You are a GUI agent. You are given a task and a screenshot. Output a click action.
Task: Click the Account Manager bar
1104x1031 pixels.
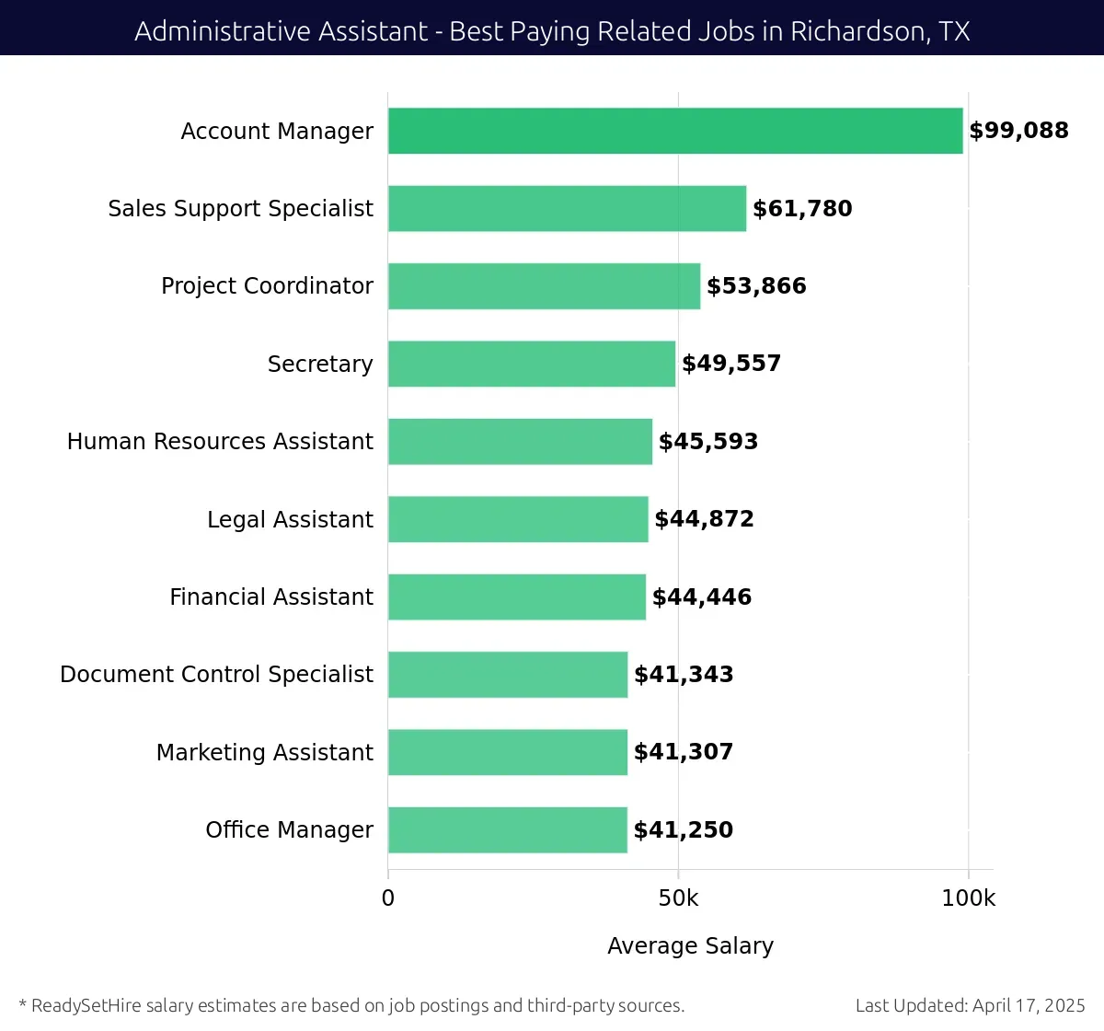point(675,131)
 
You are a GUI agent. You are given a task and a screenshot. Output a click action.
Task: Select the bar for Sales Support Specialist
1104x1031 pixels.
point(567,208)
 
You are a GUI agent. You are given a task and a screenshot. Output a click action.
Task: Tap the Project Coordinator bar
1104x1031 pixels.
point(544,286)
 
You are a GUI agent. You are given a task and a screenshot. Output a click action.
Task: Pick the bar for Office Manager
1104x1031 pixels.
point(508,830)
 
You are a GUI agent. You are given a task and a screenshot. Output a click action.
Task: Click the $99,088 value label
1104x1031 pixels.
point(1018,131)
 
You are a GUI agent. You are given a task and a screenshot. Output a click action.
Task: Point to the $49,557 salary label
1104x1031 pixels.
point(731,364)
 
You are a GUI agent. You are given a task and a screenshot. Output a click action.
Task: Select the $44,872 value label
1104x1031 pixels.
point(704,519)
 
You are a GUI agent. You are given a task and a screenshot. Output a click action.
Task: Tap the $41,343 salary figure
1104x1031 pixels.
point(684,675)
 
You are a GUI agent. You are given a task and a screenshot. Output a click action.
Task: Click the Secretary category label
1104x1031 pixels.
point(320,365)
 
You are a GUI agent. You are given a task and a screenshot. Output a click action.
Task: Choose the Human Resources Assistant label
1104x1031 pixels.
point(220,442)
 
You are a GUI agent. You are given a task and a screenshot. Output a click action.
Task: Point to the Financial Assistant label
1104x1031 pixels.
point(271,597)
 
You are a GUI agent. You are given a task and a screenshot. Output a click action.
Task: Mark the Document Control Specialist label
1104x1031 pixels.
point(216,675)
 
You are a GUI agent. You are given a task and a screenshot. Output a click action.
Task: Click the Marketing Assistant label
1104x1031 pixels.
point(265,753)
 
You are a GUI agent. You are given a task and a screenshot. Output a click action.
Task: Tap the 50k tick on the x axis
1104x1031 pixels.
point(678,898)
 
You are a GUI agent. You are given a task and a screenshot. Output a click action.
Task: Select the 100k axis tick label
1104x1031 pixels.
point(968,898)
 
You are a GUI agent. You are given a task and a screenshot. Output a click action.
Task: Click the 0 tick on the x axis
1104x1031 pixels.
point(388,898)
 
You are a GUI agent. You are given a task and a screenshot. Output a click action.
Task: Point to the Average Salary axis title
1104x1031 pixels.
point(690,946)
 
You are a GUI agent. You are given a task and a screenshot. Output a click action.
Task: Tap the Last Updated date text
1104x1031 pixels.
point(970,1005)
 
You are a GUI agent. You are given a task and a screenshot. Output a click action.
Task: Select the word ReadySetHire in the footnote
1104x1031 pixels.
point(86,1005)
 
